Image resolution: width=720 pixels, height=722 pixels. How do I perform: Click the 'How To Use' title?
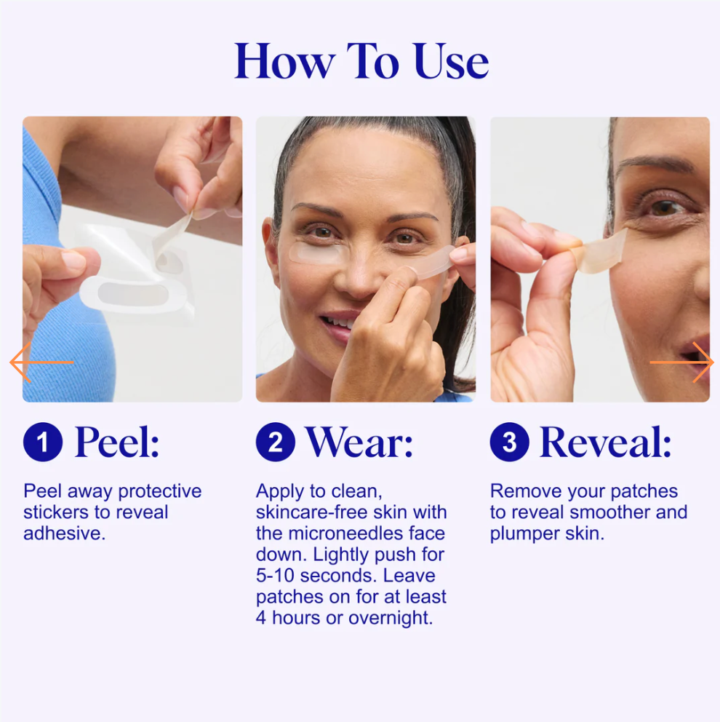point(361,61)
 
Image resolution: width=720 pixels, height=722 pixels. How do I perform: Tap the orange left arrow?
point(41,362)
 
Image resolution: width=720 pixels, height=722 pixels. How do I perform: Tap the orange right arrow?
point(681,362)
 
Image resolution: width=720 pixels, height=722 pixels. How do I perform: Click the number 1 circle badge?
point(43,442)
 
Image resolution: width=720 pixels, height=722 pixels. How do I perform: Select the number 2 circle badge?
point(276,442)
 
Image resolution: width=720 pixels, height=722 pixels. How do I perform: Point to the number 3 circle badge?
point(509,442)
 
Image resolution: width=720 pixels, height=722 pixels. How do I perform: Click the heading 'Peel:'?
point(117,442)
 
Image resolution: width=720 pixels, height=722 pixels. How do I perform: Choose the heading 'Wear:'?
point(359,442)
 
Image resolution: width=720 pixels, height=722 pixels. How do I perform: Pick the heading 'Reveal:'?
point(605,442)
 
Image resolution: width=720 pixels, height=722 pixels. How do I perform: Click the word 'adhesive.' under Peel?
point(65,533)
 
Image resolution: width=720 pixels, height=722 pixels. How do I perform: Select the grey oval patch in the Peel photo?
point(132,294)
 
